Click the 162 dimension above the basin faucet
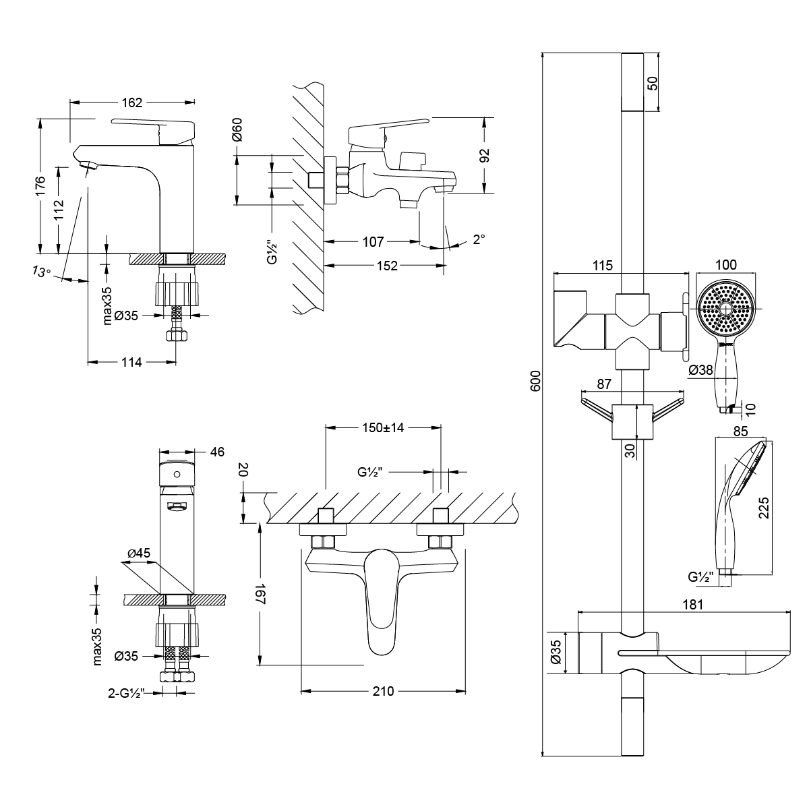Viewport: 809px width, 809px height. click(132, 102)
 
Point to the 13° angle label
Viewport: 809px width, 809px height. click(40, 272)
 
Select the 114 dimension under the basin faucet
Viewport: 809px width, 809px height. click(131, 362)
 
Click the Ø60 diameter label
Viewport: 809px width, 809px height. click(237, 129)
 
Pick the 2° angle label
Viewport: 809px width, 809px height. click(479, 239)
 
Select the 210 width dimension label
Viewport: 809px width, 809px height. click(382, 691)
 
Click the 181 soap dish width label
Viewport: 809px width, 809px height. click(693, 605)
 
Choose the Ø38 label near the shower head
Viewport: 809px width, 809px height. click(701, 369)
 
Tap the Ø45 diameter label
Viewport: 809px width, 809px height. click(138, 553)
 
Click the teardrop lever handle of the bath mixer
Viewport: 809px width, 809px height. click(382, 600)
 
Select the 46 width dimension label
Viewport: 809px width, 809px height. click(216, 452)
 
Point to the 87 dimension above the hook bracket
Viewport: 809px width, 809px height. click(604, 384)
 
